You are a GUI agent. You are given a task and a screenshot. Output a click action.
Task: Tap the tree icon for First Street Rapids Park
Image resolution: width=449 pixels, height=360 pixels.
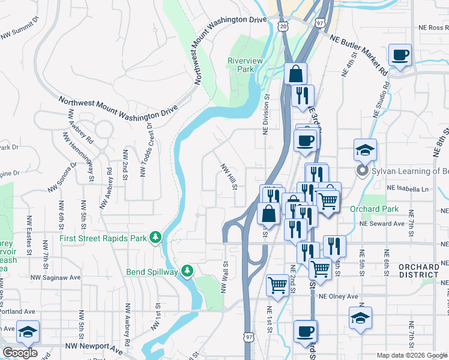(155, 238)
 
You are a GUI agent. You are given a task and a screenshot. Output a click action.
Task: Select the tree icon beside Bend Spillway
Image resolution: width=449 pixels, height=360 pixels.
(187, 272)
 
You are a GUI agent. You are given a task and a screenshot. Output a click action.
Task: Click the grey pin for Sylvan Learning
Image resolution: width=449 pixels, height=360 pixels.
(362, 172)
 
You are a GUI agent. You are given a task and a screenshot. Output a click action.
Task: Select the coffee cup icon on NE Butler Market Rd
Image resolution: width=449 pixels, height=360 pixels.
(400, 56)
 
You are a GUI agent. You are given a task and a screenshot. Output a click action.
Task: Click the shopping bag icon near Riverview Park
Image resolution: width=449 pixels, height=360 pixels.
(295, 74)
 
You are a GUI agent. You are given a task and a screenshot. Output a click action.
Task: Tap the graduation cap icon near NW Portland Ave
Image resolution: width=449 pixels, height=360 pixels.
(28, 331)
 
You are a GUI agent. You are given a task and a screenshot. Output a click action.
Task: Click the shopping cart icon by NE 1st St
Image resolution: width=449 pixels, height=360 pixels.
(278, 284)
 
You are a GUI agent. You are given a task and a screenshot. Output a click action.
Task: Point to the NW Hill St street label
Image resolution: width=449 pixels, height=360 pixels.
(229, 178)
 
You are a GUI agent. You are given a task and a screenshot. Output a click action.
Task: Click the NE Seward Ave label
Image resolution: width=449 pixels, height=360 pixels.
(382, 224)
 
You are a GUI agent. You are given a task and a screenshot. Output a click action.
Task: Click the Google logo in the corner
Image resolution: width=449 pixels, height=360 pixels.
(20, 353)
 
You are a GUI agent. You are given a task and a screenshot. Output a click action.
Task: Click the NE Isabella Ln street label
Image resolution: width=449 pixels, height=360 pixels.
(408, 188)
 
